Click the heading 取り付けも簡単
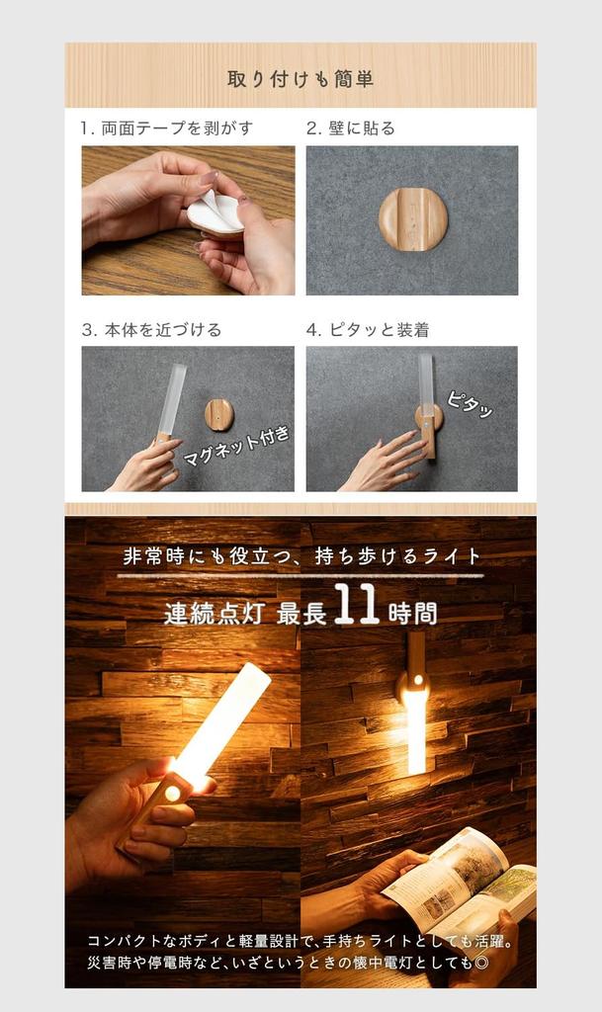click(x=301, y=78)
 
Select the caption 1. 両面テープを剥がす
click(x=167, y=128)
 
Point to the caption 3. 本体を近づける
click(x=151, y=330)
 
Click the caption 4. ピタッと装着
click(x=367, y=330)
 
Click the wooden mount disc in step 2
click(x=412, y=219)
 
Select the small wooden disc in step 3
click(x=219, y=415)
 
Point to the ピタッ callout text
click(x=470, y=404)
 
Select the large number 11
click(x=356, y=606)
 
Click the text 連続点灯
click(x=214, y=613)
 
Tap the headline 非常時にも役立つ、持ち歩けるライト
click(x=301, y=556)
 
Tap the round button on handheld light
click(x=173, y=794)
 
